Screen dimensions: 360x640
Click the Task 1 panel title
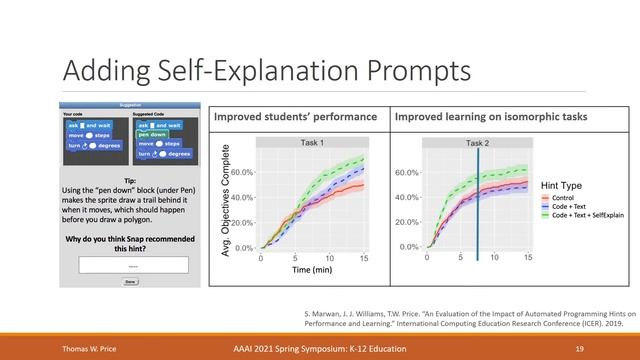(313, 144)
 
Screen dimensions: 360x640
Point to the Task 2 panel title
(477, 144)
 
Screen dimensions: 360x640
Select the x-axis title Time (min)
(313, 270)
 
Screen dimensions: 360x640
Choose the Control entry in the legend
(565, 200)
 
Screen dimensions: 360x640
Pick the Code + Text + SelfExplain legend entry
(590, 217)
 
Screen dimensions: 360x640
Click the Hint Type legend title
(561, 187)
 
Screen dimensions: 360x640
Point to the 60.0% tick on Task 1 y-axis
(243, 172)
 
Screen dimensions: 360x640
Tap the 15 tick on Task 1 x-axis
(364, 257)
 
